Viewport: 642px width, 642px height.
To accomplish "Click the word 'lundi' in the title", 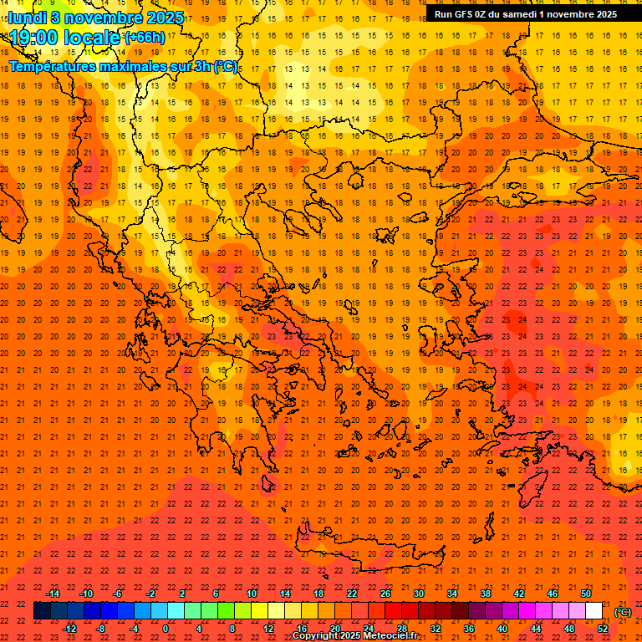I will click(x=28, y=17).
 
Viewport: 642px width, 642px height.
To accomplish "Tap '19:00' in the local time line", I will click(x=35, y=38).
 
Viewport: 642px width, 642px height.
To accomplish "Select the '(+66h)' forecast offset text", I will click(x=144, y=38).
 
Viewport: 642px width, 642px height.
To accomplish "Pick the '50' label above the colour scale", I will click(x=586, y=594).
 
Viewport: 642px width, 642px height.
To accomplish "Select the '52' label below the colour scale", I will click(x=603, y=629).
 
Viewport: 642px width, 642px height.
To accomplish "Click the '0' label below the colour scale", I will click(x=166, y=629).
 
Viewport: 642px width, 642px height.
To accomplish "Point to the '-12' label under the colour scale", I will click(x=69, y=629).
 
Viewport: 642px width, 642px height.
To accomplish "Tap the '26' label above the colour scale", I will click(x=385, y=594).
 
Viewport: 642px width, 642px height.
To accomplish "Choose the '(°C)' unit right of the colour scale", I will click(x=623, y=611).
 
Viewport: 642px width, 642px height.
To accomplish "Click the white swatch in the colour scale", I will click(x=594, y=611).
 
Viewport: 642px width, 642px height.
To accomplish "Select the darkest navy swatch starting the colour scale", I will click(x=42, y=611).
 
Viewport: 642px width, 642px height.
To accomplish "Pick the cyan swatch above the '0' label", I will click(x=159, y=611).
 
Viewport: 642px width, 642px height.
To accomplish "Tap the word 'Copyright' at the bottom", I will click(x=315, y=636).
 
